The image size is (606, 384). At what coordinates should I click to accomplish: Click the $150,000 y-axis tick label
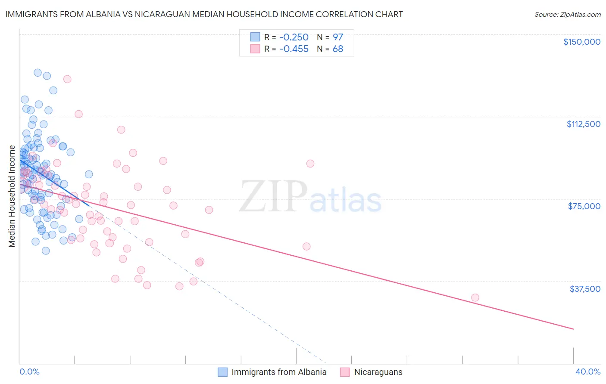[x=581, y=42]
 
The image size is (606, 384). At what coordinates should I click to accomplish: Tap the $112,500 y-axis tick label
[x=583, y=124]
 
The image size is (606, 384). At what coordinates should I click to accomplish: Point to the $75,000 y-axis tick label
[x=584, y=206]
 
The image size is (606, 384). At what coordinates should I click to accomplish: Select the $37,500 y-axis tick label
[x=585, y=289]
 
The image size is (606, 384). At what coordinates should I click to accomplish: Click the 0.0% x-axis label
[x=29, y=372]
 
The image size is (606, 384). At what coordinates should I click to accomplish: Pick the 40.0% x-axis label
[x=587, y=372]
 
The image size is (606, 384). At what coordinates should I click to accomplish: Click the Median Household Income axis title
[x=12, y=196]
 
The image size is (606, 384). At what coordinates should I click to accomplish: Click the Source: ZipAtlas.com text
[x=567, y=15]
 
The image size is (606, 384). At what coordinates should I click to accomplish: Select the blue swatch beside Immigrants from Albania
[x=222, y=372]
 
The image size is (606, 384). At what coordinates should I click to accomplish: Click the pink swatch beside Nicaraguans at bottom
[x=345, y=372]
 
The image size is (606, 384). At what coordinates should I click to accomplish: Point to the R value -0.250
[x=294, y=37]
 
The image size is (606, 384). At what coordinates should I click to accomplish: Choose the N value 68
[x=338, y=49]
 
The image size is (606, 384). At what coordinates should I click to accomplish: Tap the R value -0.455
[x=294, y=49]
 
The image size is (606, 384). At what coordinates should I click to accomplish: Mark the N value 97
[x=338, y=37]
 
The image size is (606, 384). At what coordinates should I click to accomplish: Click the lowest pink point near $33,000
[x=475, y=297]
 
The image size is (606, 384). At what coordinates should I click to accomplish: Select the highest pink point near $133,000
[x=67, y=79]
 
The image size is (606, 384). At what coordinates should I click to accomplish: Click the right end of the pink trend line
[x=573, y=329]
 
